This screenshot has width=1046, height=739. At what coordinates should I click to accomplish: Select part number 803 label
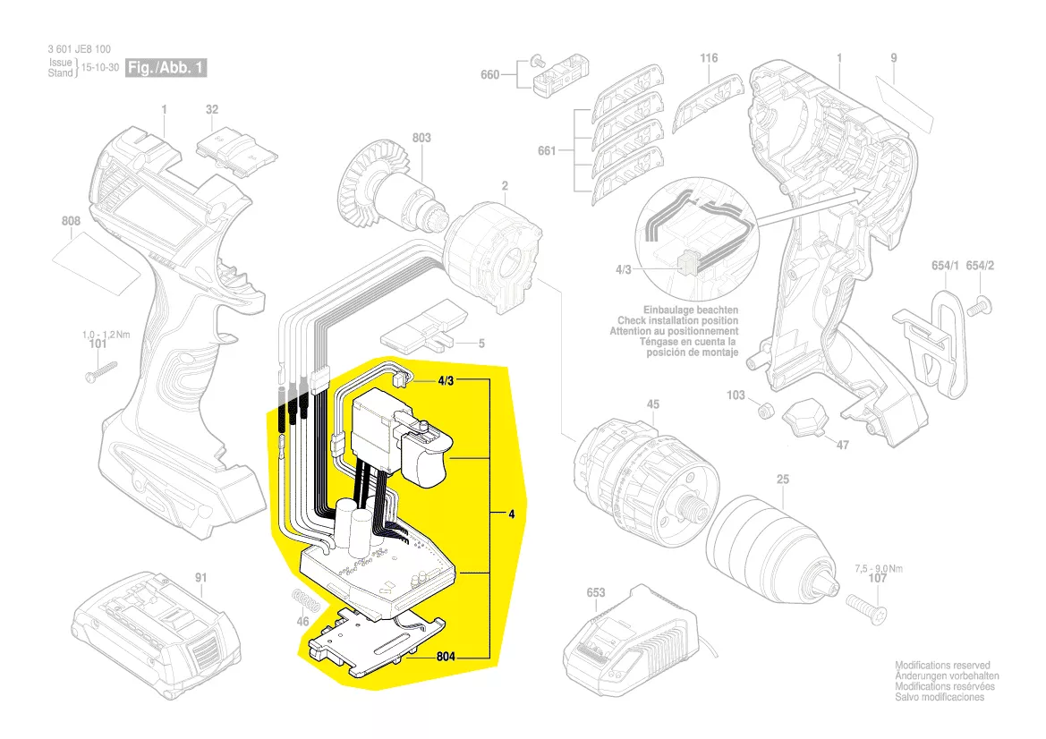421,138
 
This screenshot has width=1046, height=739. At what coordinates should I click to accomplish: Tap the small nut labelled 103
764,412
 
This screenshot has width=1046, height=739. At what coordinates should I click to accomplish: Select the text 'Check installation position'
677,320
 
